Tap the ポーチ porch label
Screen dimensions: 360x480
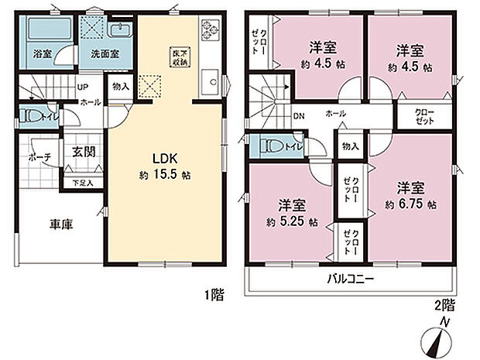click(x=39, y=157)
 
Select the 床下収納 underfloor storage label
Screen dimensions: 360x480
click(x=178, y=57)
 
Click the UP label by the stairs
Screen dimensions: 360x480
click(x=80, y=86)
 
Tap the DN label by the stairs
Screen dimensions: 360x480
click(x=298, y=116)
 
